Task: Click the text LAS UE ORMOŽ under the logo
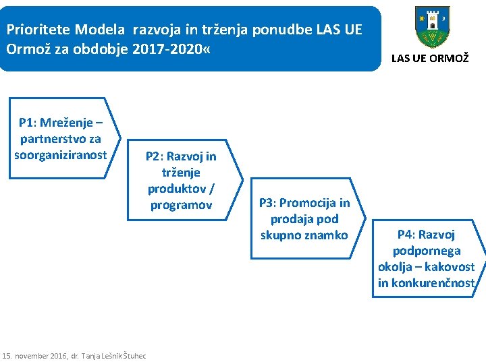click(429, 59)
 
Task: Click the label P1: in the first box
click(28, 123)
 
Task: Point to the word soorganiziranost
click(61, 155)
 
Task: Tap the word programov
click(182, 205)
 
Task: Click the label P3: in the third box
click(268, 203)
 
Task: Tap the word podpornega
click(427, 251)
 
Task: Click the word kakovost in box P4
click(452, 267)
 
